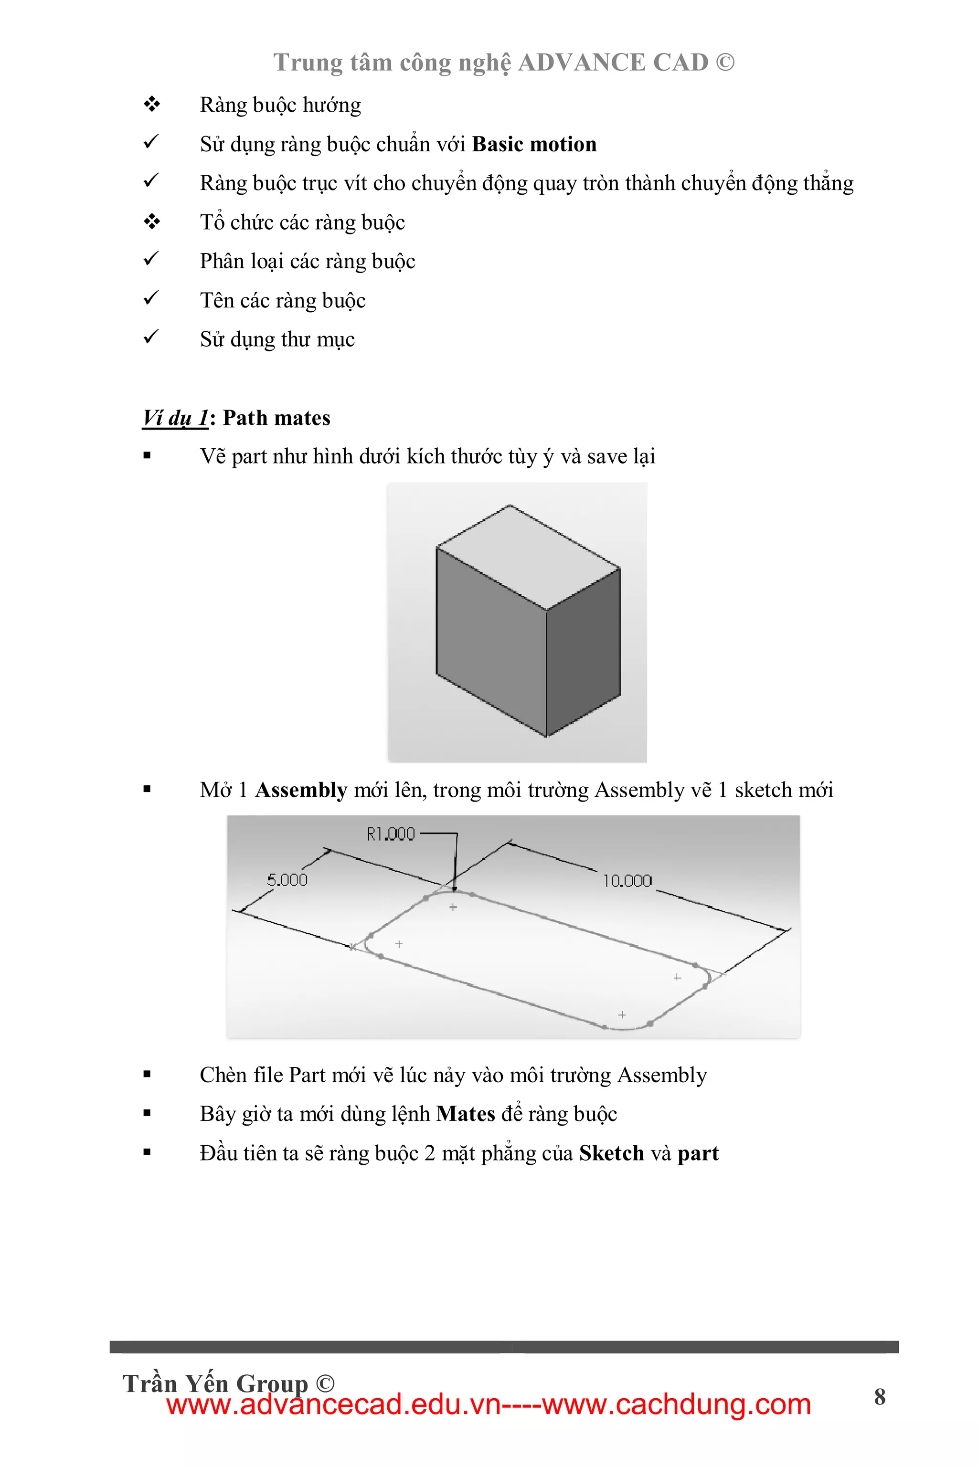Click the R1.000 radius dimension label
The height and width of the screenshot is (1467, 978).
click(x=391, y=834)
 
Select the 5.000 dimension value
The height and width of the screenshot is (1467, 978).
click(x=287, y=880)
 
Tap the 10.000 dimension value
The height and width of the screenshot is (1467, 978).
click(x=627, y=881)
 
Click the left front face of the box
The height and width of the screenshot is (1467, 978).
click(x=491, y=642)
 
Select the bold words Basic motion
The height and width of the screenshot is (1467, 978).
click(x=534, y=144)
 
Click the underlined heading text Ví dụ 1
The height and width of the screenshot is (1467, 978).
click(x=175, y=418)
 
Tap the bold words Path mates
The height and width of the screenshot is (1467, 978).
click(x=276, y=418)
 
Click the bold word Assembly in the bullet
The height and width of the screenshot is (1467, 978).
click(x=301, y=790)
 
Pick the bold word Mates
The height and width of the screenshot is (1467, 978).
click(x=465, y=1114)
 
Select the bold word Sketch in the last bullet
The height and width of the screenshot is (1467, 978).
click(x=611, y=1153)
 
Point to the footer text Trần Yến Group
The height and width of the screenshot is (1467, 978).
click(x=215, y=1383)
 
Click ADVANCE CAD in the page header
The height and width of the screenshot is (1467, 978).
click(x=613, y=63)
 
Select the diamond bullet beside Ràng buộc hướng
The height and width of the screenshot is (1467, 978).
click(x=151, y=105)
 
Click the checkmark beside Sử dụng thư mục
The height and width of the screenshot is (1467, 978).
click(x=151, y=338)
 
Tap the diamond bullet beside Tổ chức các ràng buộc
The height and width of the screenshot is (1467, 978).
click(x=151, y=222)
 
